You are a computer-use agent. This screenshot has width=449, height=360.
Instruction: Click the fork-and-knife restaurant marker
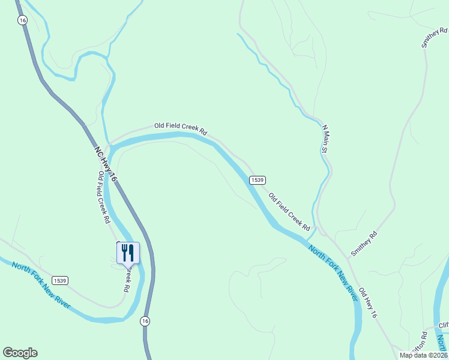tap(128, 253)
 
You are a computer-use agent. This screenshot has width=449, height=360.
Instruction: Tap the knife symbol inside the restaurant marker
tap(131, 253)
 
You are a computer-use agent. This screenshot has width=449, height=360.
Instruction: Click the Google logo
tap(20, 353)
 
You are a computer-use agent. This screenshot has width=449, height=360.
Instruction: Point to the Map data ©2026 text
tap(424, 355)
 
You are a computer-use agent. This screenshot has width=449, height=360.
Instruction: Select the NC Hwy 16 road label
tap(105, 163)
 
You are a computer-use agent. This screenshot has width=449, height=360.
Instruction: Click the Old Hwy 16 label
tap(369, 302)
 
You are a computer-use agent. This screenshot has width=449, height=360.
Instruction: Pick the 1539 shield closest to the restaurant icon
tap(59, 280)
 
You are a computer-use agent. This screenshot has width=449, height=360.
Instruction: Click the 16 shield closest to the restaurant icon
tap(145, 322)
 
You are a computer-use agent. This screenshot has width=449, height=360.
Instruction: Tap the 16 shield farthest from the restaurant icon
tap(22, 20)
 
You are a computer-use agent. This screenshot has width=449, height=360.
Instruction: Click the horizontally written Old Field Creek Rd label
tap(180, 127)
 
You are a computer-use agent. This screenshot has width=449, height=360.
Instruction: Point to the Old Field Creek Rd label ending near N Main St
tap(289, 212)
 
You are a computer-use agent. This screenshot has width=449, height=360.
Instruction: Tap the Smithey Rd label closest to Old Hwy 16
tap(364, 244)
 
